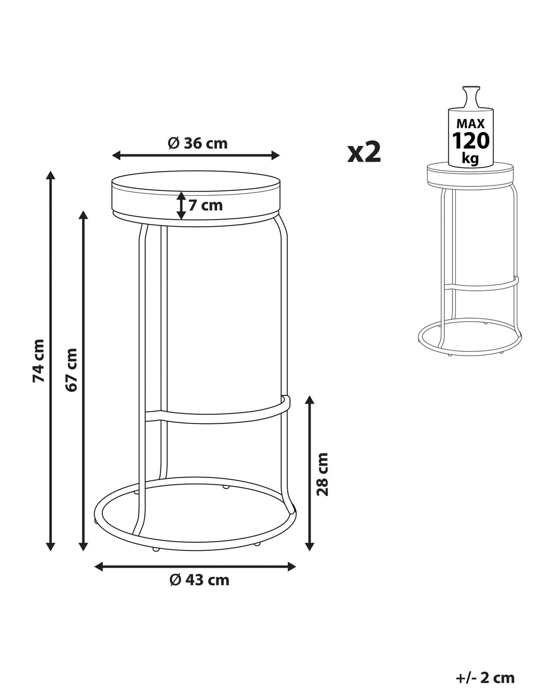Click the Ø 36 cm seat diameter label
[x=198, y=143]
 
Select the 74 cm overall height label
[x=38, y=361]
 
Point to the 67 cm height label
[x=71, y=370]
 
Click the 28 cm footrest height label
[x=323, y=474]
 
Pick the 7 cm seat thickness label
[x=206, y=206]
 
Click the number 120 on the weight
[x=471, y=141]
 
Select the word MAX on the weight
[x=471, y=123]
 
